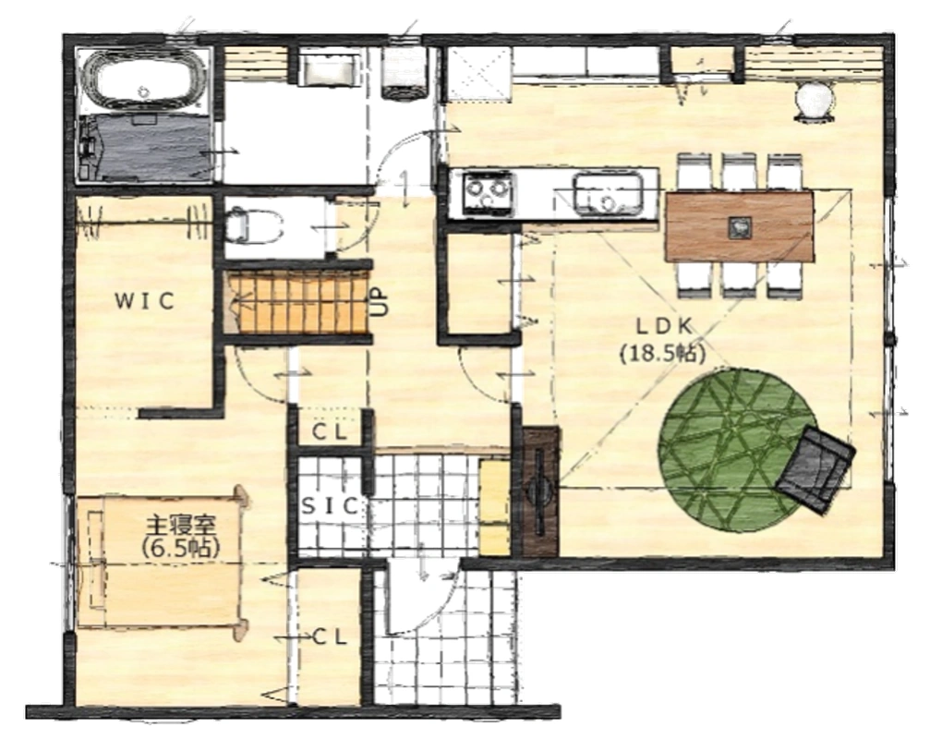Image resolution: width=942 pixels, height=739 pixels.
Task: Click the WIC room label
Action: [x=145, y=300]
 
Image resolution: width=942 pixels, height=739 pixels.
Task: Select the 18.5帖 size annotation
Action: [x=663, y=353]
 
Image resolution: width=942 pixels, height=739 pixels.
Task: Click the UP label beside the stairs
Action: [x=382, y=303]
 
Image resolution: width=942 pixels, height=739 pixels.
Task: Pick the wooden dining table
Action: [x=740, y=226]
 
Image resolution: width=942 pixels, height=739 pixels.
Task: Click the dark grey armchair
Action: [x=815, y=469]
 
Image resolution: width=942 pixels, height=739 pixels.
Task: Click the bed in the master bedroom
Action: [x=160, y=561]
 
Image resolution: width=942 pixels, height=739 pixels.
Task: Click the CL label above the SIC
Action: [x=329, y=431]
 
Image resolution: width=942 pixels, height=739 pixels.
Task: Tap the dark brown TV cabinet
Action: [x=540, y=491]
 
